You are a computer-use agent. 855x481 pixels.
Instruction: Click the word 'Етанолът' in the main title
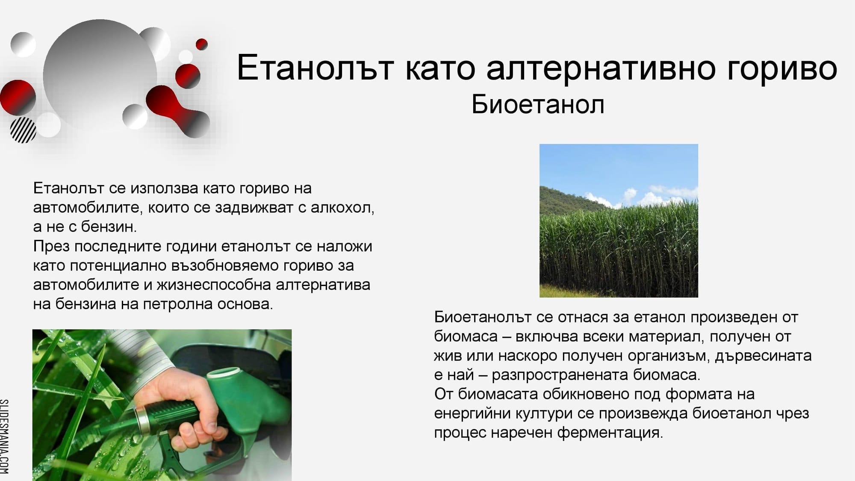(315, 68)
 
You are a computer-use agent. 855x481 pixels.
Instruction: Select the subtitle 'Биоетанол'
(538, 104)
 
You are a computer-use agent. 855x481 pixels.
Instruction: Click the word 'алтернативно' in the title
(601, 68)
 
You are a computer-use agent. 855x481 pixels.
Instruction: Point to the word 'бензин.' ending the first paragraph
(109, 227)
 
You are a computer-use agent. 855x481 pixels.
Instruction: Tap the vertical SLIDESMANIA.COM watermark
(4, 436)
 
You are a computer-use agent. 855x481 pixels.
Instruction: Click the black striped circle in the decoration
(23, 130)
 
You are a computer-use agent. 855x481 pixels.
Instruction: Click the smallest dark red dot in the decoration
(201, 44)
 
